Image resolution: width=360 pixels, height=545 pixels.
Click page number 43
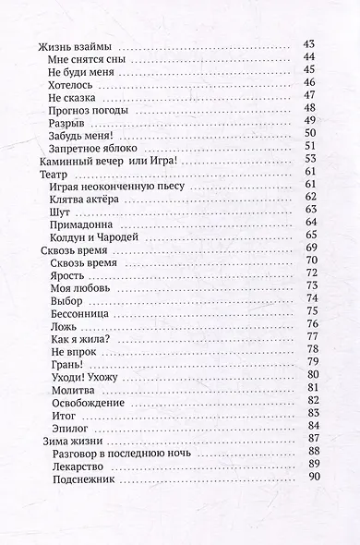pos(309,46)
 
